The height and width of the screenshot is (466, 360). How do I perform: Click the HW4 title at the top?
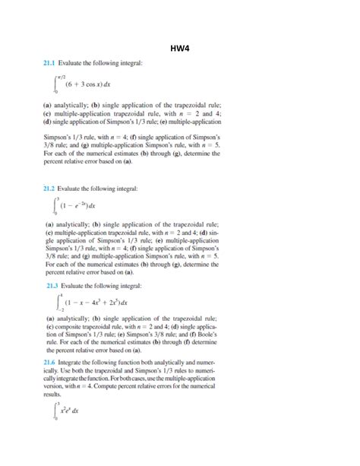pyautogui.click(x=180, y=52)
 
